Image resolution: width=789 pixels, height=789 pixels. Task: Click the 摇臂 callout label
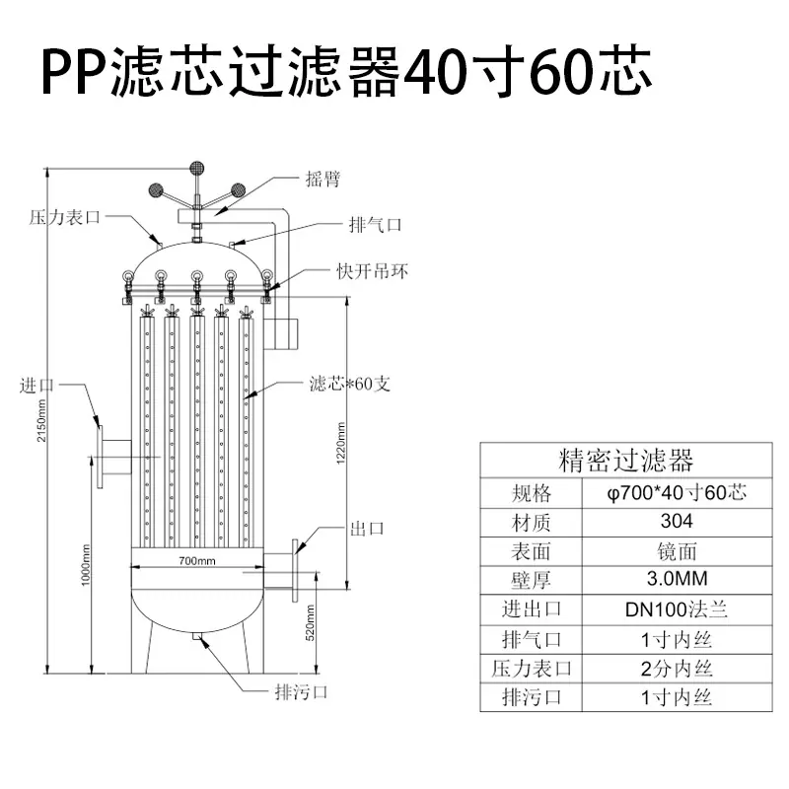[323, 179]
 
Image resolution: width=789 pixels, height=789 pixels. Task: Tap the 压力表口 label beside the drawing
[64, 217]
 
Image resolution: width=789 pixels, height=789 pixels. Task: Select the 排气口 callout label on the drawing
[376, 225]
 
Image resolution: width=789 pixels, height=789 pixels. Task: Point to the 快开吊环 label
[373, 272]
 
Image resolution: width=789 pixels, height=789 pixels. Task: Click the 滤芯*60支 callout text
[350, 384]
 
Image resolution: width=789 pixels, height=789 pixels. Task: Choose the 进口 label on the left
[36, 386]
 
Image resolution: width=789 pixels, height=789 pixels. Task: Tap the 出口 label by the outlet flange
[367, 529]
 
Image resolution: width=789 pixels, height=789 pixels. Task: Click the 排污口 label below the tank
[302, 692]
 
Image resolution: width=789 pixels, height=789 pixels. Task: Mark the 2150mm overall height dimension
[41, 421]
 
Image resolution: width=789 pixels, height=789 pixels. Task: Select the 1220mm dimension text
[340, 443]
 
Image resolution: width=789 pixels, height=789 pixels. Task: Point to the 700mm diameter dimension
[197, 560]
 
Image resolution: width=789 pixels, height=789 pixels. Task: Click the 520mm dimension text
[311, 623]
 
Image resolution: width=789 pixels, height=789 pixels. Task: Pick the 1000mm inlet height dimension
[86, 565]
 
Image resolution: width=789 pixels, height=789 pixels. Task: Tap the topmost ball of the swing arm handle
[196, 168]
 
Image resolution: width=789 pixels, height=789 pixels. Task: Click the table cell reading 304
[677, 521]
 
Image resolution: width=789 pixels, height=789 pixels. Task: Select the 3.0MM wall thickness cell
[677, 579]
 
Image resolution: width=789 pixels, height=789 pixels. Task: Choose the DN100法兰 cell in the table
[677, 610]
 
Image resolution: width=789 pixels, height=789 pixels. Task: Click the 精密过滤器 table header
[626, 460]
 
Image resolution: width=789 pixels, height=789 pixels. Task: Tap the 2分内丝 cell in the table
[677, 669]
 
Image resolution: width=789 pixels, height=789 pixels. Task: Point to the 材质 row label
[531, 523]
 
